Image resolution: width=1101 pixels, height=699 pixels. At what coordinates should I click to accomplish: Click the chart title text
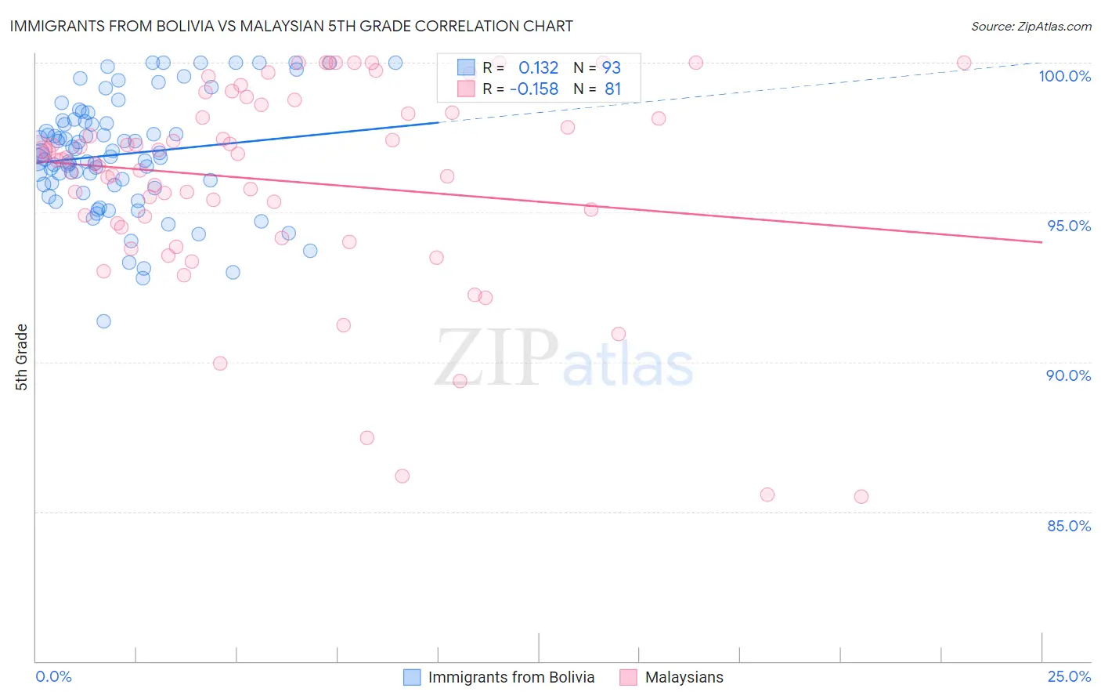click(291, 26)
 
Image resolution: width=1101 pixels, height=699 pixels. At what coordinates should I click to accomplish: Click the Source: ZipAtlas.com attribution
click(1031, 26)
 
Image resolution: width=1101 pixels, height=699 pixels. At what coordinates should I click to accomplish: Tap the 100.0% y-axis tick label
click(1064, 76)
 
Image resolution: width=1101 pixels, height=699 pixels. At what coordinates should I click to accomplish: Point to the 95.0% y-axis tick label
click(1069, 226)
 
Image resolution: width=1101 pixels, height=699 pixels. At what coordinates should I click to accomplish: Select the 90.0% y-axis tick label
click(1069, 375)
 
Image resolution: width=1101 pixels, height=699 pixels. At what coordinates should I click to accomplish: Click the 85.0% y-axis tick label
click(1069, 526)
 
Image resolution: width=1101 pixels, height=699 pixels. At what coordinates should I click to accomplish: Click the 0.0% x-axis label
click(53, 676)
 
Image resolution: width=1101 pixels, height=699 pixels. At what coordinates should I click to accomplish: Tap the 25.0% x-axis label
click(1069, 676)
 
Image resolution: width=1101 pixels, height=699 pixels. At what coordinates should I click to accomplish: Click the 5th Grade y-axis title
click(21, 357)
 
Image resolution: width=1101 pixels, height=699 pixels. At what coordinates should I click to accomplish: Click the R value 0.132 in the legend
click(538, 68)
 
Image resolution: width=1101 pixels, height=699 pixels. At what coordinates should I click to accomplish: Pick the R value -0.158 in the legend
click(534, 89)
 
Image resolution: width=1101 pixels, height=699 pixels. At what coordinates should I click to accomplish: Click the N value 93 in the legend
click(611, 68)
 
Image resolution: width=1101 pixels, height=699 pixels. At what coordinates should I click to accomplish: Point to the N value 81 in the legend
click(612, 89)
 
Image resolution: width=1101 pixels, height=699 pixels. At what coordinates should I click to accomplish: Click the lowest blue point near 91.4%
click(103, 321)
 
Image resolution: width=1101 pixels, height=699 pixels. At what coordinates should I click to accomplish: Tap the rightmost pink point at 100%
click(964, 63)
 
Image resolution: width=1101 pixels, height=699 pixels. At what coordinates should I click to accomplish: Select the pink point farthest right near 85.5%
click(861, 497)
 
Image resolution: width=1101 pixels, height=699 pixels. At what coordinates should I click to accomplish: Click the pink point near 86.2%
click(402, 476)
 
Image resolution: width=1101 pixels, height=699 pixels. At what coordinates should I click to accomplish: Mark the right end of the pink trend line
click(1041, 242)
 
